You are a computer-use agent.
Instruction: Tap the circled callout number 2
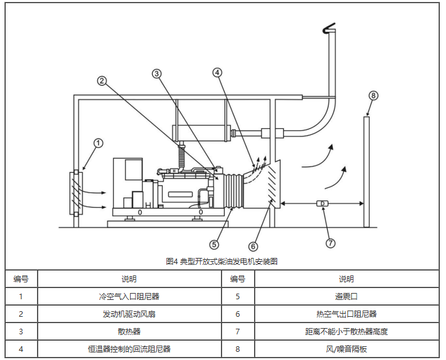[x=101, y=80]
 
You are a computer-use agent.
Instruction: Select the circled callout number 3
[x=157, y=73]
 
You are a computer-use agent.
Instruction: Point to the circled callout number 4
[x=217, y=72]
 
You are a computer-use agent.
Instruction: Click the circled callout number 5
[x=213, y=244]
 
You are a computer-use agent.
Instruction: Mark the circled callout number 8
[x=373, y=96]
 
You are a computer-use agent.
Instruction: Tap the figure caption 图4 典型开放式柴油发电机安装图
[x=222, y=261]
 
